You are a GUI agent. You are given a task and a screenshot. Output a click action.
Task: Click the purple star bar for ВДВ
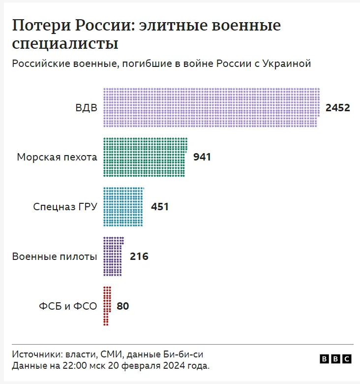(211, 107)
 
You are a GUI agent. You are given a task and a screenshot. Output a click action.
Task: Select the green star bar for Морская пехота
(145, 157)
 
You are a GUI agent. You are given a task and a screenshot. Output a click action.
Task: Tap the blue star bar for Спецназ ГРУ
(123, 206)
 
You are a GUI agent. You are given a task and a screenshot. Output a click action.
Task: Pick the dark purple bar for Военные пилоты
(113, 256)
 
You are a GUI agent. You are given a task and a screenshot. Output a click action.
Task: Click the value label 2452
(337, 108)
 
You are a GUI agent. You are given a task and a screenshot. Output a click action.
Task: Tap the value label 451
(159, 207)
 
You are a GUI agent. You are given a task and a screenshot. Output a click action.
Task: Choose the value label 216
(139, 256)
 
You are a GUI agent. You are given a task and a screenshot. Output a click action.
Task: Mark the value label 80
(123, 306)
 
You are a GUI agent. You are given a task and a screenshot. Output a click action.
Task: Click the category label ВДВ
(87, 108)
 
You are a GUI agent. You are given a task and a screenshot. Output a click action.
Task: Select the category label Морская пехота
(57, 157)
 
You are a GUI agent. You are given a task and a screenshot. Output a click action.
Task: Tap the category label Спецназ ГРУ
(65, 207)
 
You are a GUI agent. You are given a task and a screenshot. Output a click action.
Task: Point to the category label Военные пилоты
(55, 256)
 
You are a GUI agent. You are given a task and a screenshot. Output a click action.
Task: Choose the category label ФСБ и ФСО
(68, 306)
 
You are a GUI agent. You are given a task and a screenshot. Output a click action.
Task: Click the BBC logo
(335, 359)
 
